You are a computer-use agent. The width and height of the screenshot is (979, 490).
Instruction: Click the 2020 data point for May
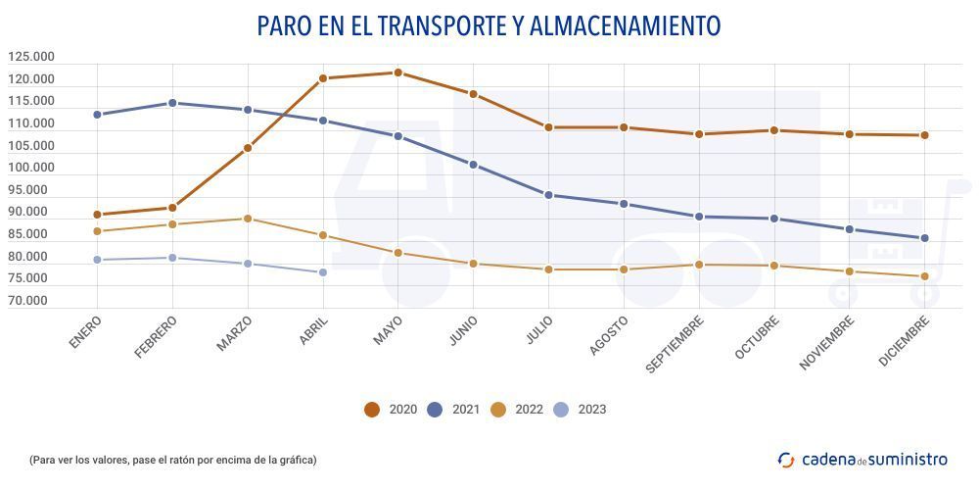coord(397,73)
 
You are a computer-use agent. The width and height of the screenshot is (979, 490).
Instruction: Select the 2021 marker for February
coord(172,103)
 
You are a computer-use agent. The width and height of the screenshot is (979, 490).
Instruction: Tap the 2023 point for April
coord(322,272)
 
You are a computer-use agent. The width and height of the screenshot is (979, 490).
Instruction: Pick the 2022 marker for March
coord(248,219)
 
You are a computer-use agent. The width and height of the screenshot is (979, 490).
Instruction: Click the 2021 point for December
coord(924,238)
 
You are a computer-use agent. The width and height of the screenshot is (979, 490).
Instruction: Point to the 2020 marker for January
coord(97,215)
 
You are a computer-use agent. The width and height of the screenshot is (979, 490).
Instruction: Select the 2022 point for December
coord(924,276)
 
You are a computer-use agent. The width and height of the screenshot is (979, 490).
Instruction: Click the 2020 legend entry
coord(391,410)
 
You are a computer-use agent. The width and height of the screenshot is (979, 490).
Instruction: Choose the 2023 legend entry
coord(580,410)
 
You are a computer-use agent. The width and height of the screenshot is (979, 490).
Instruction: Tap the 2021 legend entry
coord(453,410)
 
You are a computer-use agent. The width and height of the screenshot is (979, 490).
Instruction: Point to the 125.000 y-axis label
coord(30,57)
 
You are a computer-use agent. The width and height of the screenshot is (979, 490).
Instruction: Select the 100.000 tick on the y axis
coord(30,169)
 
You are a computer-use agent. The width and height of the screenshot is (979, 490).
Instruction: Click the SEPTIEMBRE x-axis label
coord(676,344)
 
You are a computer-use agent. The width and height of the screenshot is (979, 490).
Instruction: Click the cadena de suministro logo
coord(862,459)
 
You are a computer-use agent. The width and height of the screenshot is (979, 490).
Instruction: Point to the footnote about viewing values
coord(173,460)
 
